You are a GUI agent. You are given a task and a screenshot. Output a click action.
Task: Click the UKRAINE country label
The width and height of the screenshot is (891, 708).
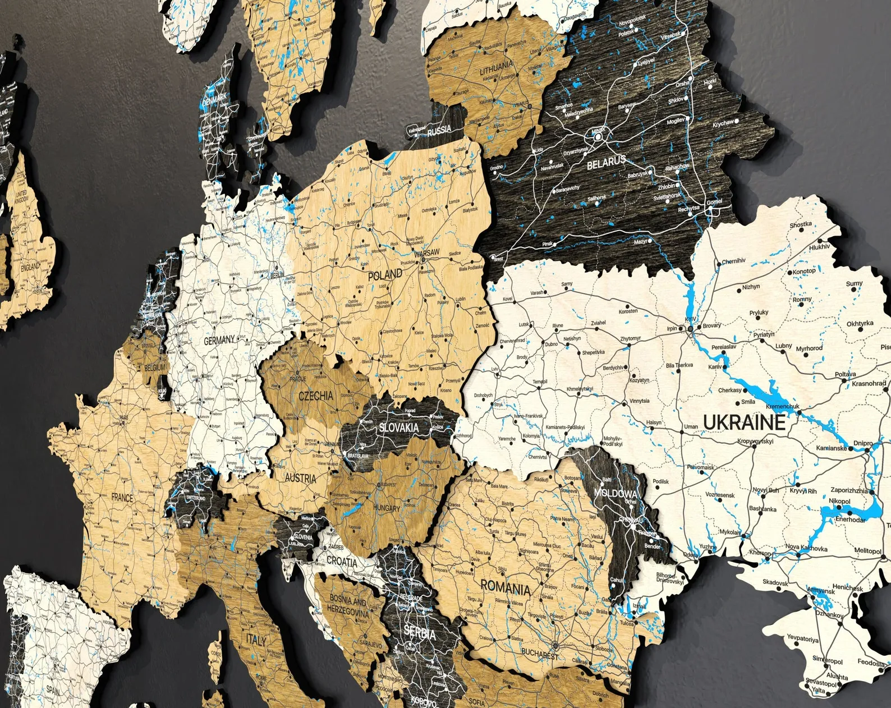[744, 422]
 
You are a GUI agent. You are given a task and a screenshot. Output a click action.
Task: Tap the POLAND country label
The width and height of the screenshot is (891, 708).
[385, 275]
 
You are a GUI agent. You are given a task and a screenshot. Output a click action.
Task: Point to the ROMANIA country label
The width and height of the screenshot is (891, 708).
[506, 589]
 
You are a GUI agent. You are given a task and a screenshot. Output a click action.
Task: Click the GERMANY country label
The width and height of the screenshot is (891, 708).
[219, 341]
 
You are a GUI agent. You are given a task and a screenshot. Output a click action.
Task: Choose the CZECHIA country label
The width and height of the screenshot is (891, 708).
[315, 396]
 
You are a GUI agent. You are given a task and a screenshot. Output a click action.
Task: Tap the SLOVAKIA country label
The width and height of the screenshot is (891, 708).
[399, 427]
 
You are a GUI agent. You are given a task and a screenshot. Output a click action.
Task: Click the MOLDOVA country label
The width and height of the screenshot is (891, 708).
[616, 493]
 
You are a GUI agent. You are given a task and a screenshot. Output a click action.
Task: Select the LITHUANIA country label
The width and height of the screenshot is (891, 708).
[496, 71]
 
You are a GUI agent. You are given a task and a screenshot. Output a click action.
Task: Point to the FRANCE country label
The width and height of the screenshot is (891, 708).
[122, 498]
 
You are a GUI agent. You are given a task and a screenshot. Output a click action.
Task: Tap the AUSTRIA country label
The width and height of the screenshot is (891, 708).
[300, 479]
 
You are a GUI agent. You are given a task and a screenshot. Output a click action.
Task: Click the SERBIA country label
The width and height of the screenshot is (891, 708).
[419, 634]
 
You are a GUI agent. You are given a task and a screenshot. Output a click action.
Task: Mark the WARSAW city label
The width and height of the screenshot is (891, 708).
[429, 253]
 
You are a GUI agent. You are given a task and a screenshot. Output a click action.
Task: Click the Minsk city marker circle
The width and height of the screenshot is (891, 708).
[596, 135]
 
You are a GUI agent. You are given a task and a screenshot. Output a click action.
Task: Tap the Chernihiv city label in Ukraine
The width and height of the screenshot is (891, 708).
[733, 261]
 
